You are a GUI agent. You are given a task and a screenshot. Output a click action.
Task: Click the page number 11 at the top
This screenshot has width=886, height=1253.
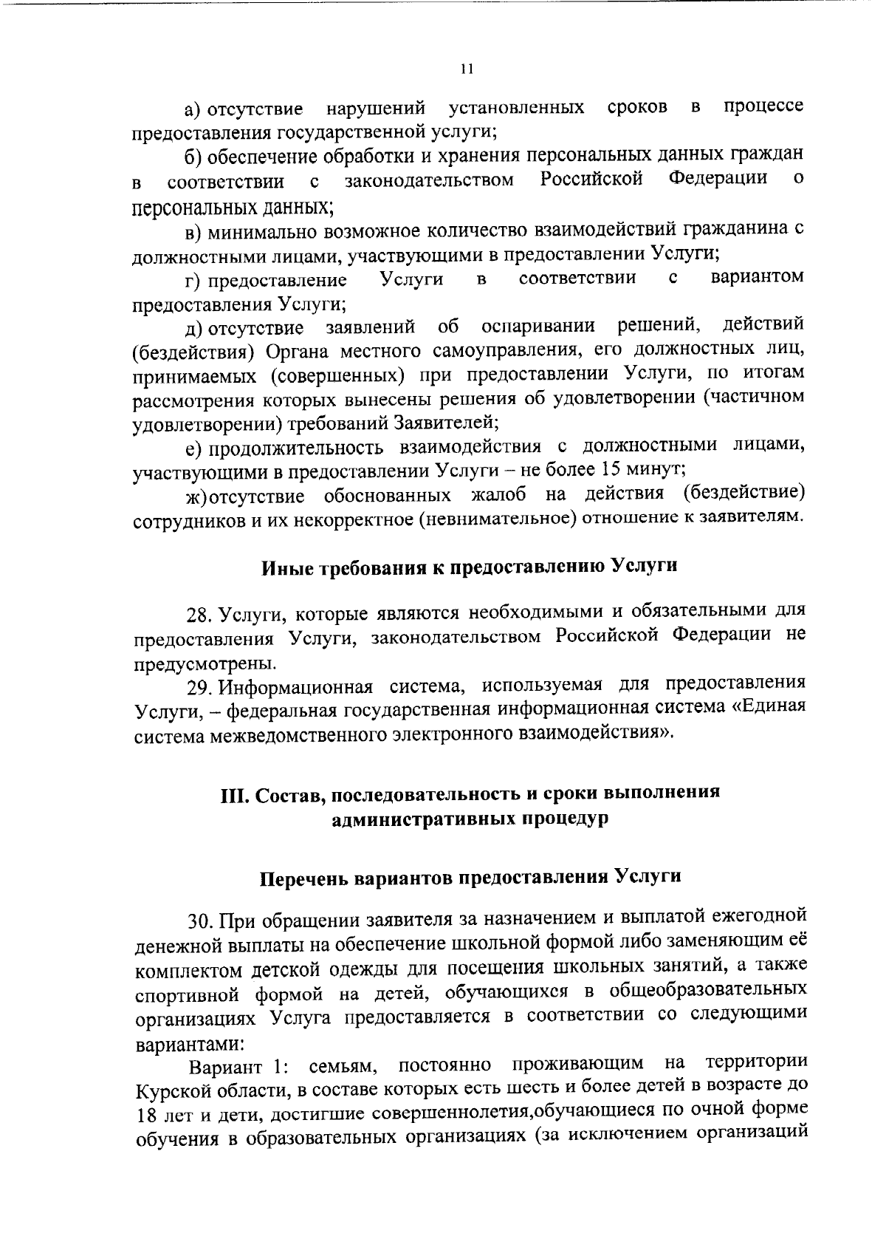[464, 69]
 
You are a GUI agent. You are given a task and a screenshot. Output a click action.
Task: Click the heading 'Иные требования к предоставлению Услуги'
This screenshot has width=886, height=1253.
[470, 567]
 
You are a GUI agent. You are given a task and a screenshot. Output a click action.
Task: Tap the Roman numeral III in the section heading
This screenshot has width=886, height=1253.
[235, 795]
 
